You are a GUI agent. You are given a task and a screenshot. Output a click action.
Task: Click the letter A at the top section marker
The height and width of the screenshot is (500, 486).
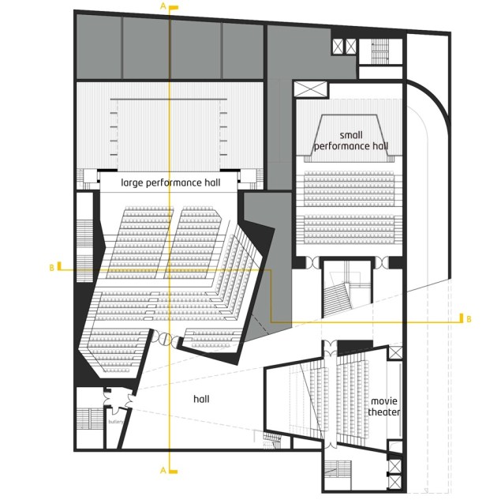(163, 6)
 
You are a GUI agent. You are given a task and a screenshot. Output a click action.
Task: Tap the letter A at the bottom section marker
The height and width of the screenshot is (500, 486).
(163, 470)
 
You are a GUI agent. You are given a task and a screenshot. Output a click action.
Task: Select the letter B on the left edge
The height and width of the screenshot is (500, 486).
(52, 269)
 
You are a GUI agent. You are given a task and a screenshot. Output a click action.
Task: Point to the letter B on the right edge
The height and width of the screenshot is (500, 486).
(468, 318)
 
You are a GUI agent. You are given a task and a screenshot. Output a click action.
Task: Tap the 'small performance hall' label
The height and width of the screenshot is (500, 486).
(351, 141)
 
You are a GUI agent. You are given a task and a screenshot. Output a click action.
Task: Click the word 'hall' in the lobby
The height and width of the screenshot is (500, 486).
(201, 400)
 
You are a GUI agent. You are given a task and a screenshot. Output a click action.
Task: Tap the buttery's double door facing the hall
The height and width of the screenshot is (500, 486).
(115, 403)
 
